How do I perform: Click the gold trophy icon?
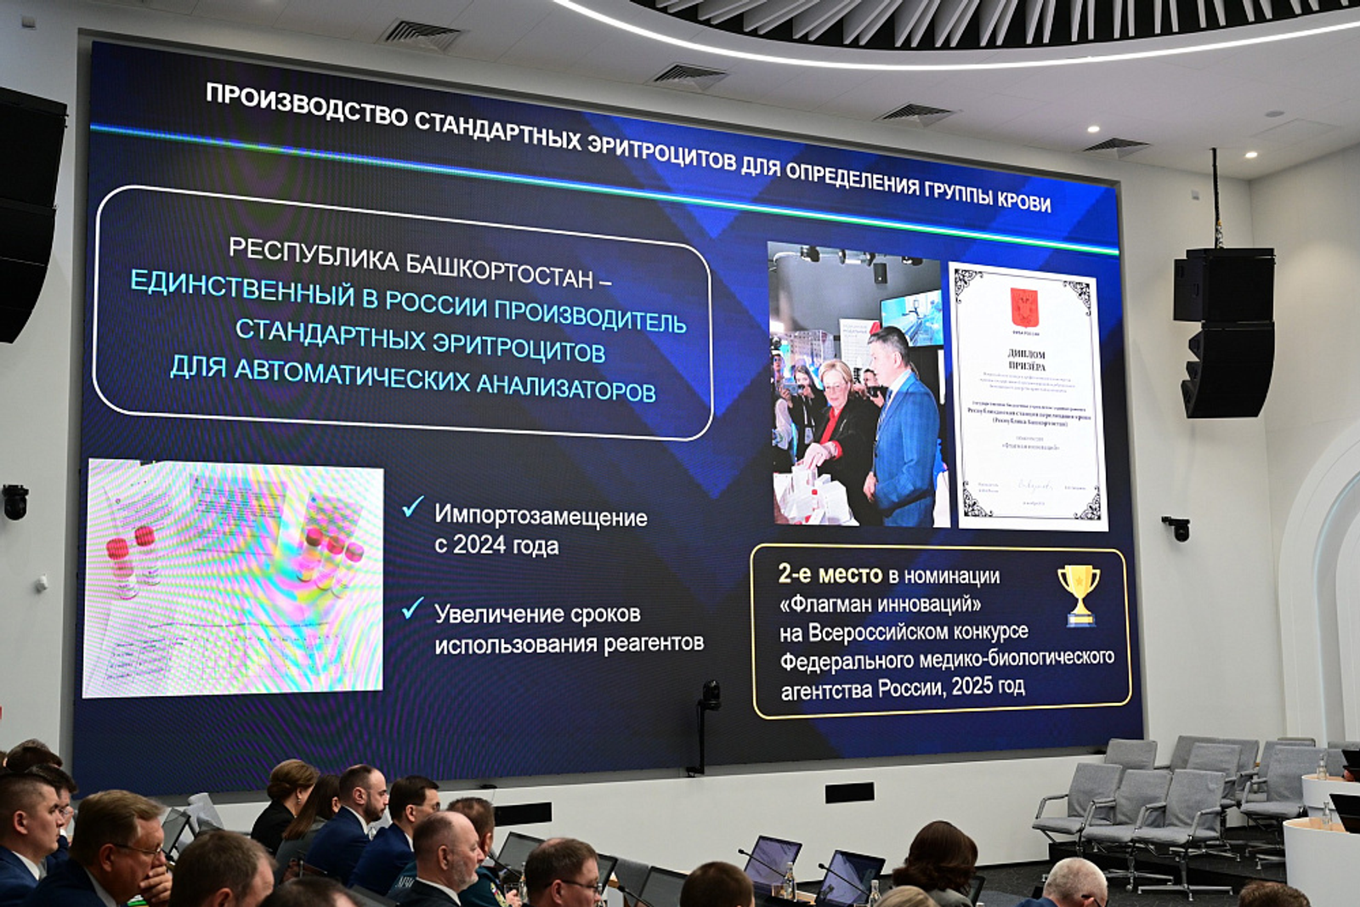click(x=1079, y=594)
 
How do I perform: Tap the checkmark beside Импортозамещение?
click(x=413, y=507)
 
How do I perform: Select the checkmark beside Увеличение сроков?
click(x=413, y=608)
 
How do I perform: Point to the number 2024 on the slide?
click(x=479, y=544)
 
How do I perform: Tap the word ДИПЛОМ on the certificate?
click(x=1026, y=354)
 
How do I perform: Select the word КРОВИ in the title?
click(x=1023, y=201)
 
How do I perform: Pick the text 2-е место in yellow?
click(x=830, y=575)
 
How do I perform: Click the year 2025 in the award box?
click(x=972, y=687)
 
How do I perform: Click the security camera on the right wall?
click(x=1178, y=528)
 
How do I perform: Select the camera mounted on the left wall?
click(x=15, y=502)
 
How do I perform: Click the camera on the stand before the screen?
click(x=711, y=695)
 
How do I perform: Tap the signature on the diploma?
click(x=1034, y=485)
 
